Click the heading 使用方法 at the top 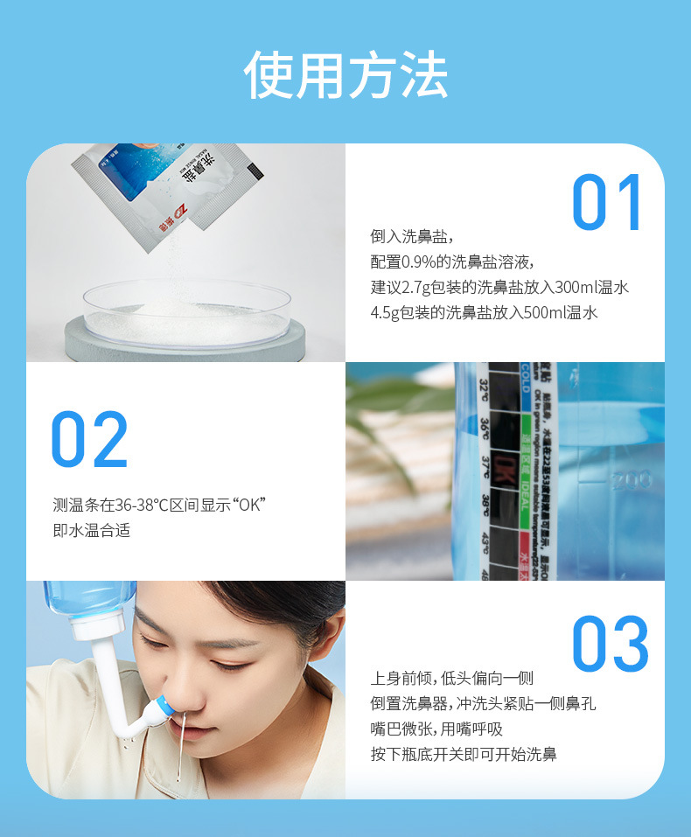tap(345, 75)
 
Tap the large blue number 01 tap(608, 203)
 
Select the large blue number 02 tap(89, 439)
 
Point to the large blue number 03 tap(611, 645)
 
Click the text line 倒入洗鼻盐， tap(412, 237)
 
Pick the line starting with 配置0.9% tap(452, 262)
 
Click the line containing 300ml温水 tap(499, 287)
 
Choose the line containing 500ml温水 tap(484, 312)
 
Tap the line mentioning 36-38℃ tap(158, 505)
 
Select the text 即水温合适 tap(91, 530)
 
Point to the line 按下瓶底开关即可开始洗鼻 tap(464, 754)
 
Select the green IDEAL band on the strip tap(527, 464)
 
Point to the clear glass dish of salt tap(187, 313)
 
